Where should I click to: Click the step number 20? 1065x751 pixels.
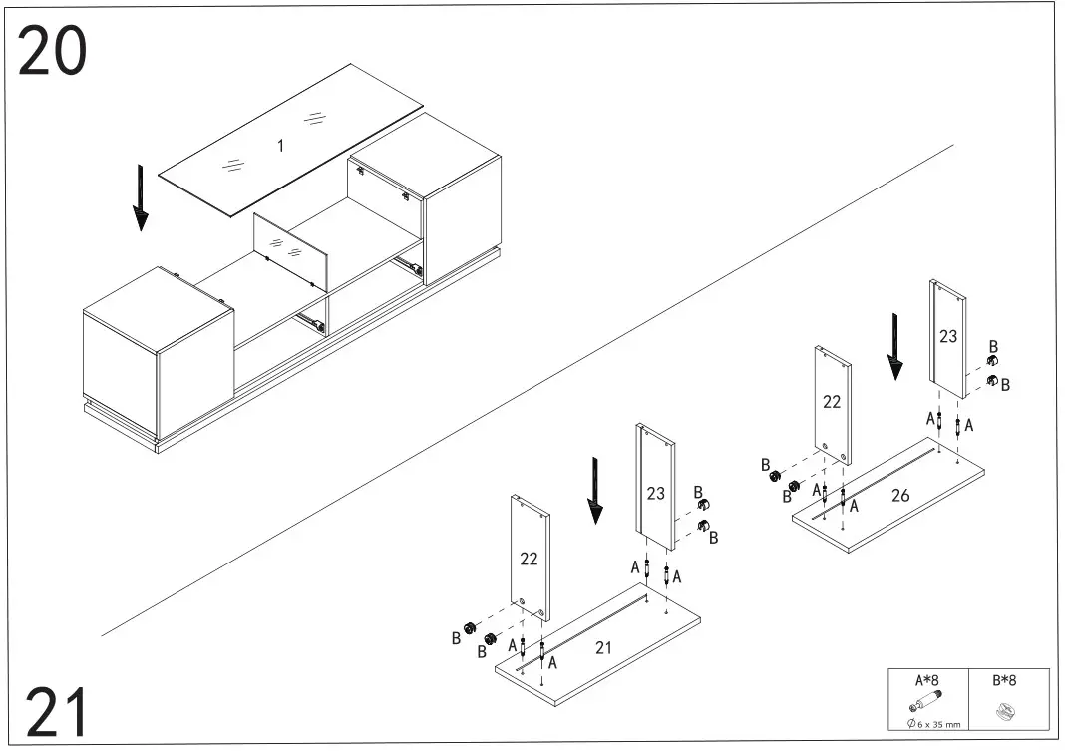tap(52, 52)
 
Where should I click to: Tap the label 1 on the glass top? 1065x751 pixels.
tap(280, 146)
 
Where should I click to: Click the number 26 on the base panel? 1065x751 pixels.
tap(900, 496)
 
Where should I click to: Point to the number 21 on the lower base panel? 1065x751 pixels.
tap(603, 647)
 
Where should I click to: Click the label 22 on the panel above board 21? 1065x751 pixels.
tap(530, 559)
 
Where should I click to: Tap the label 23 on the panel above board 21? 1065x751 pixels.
tap(655, 493)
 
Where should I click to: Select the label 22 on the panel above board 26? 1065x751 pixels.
tap(832, 403)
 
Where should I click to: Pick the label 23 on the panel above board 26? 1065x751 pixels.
tap(947, 336)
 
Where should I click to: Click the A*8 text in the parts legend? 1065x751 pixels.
tap(927, 680)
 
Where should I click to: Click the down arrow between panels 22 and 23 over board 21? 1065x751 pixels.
tap(595, 490)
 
